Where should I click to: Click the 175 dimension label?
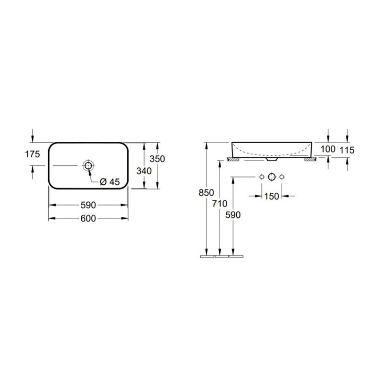(33, 154)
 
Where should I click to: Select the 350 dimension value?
(157, 159)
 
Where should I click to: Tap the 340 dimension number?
(144, 171)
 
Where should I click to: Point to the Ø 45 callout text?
(110, 182)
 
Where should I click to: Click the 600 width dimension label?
(88, 218)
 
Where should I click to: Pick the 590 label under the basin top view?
(88, 205)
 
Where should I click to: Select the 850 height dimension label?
(206, 193)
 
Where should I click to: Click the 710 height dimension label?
(220, 204)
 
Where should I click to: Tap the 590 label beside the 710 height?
(233, 215)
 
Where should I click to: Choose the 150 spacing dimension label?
(272, 196)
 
